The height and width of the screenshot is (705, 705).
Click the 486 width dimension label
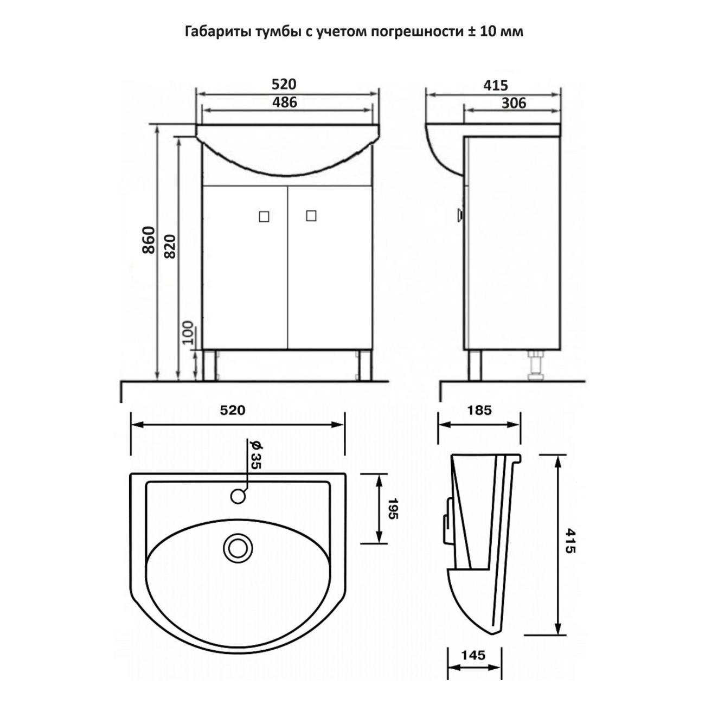coord(285,102)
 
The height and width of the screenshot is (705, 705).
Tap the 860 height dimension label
coord(149,240)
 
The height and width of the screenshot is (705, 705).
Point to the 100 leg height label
coord(188,332)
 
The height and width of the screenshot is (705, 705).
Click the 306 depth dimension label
coord(513,102)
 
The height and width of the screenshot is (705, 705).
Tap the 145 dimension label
coord(473,656)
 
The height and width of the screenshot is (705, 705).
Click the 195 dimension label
coord(393,508)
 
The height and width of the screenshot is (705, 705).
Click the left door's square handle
coord(264,216)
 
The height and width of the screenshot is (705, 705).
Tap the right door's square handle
coord(311,216)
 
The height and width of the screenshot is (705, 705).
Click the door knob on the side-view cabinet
coord(460,215)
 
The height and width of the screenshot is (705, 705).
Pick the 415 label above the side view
coord(495,85)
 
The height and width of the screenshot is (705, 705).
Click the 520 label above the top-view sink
coord(233,411)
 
